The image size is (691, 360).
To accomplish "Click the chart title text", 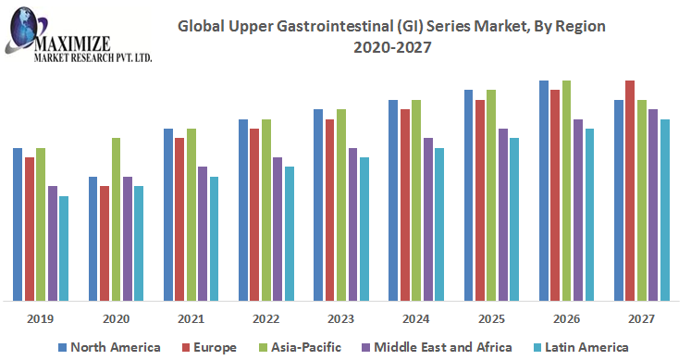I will click(391, 36).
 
